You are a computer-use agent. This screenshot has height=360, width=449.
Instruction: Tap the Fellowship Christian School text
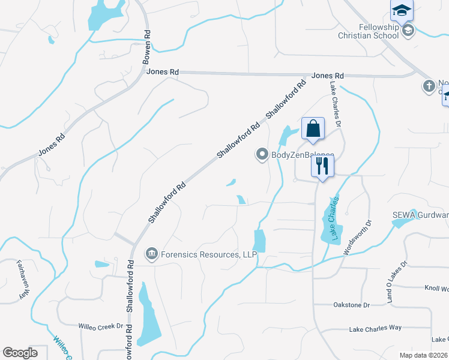tap(379, 31)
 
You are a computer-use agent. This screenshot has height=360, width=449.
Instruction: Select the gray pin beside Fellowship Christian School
tap(408, 30)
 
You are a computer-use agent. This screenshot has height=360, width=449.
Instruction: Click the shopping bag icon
tap(313, 128)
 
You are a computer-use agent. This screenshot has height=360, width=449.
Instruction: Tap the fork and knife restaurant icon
tap(322, 166)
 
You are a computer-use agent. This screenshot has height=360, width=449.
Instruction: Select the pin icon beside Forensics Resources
tap(151, 255)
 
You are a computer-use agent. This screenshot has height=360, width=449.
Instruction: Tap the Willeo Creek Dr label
tap(100, 327)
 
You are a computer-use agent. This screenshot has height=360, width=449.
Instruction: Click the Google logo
tap(20, 352)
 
